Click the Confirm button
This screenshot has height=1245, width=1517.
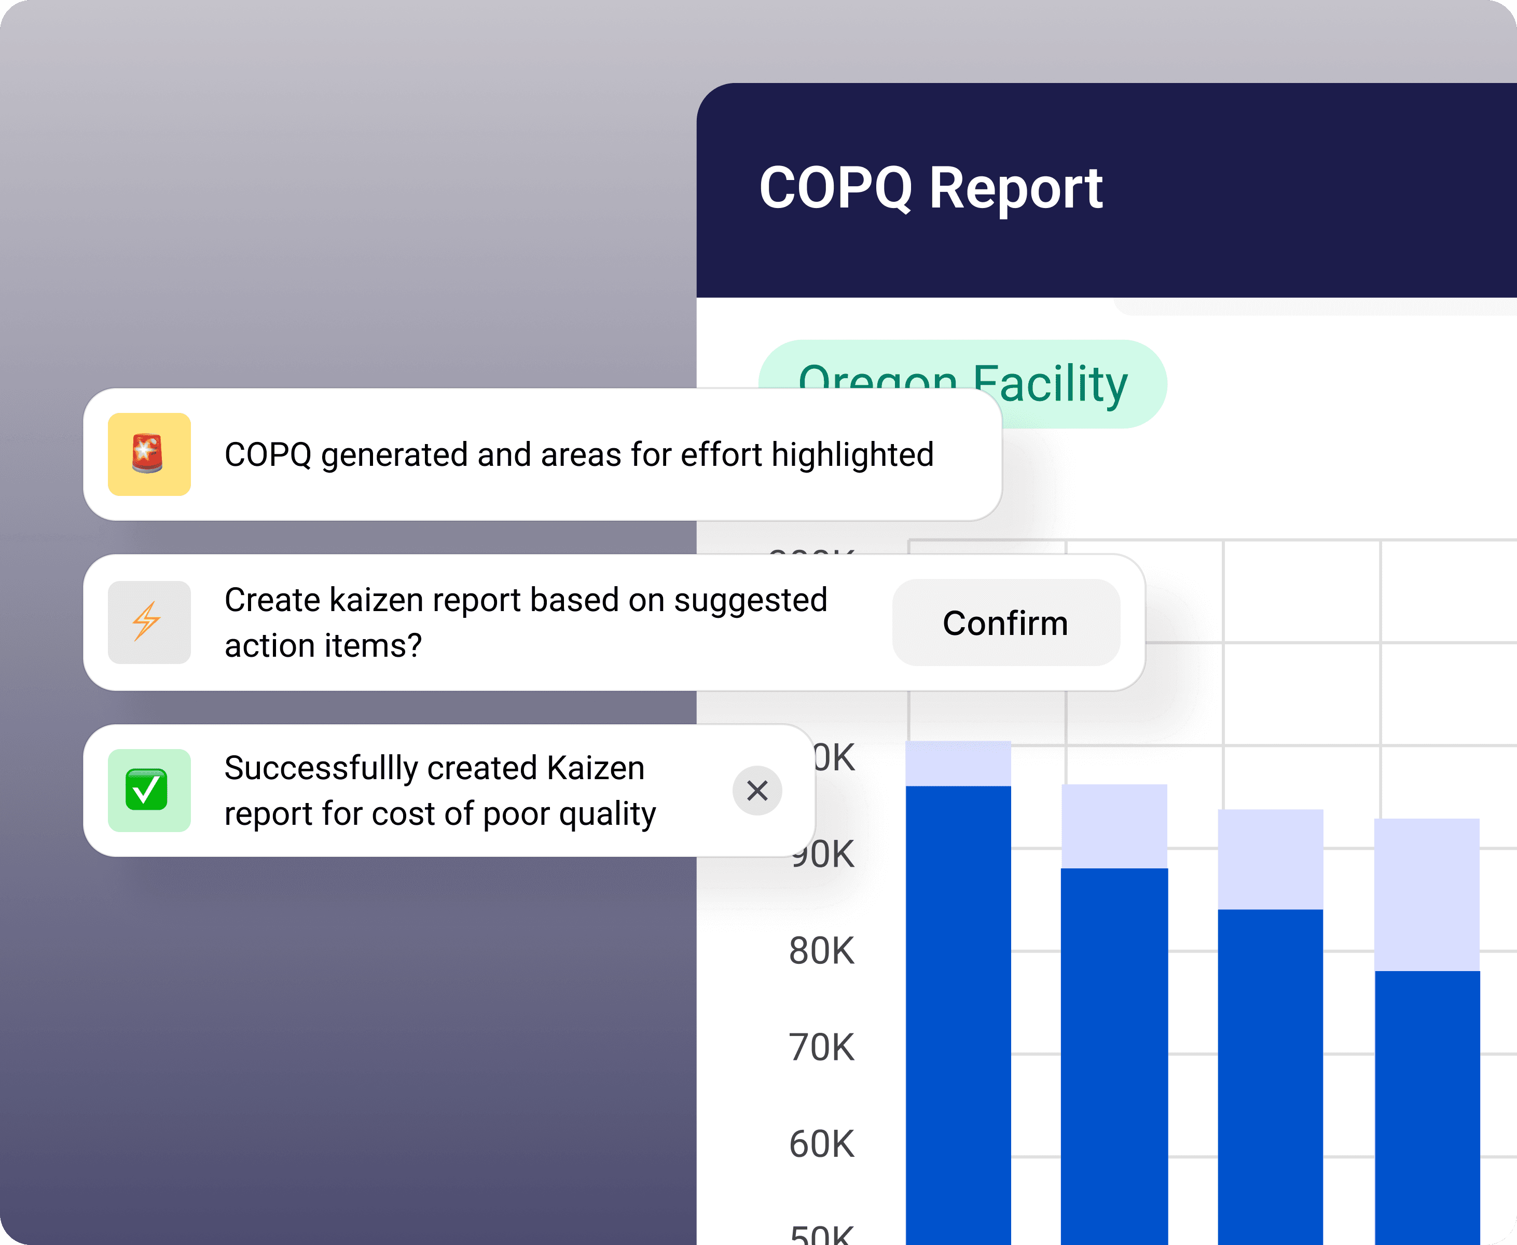click(1005, 622)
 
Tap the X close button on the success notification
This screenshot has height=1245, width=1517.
click(757, 791)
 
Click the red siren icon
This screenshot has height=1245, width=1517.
click(148, 454)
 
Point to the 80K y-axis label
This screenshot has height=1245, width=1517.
click(821, 950)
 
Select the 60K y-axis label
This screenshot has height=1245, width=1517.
click(821, 1144)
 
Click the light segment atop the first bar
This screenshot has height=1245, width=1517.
click(958, 763)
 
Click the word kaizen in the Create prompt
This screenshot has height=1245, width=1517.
click(375, 600)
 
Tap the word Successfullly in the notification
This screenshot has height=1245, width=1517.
click(321, 768)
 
